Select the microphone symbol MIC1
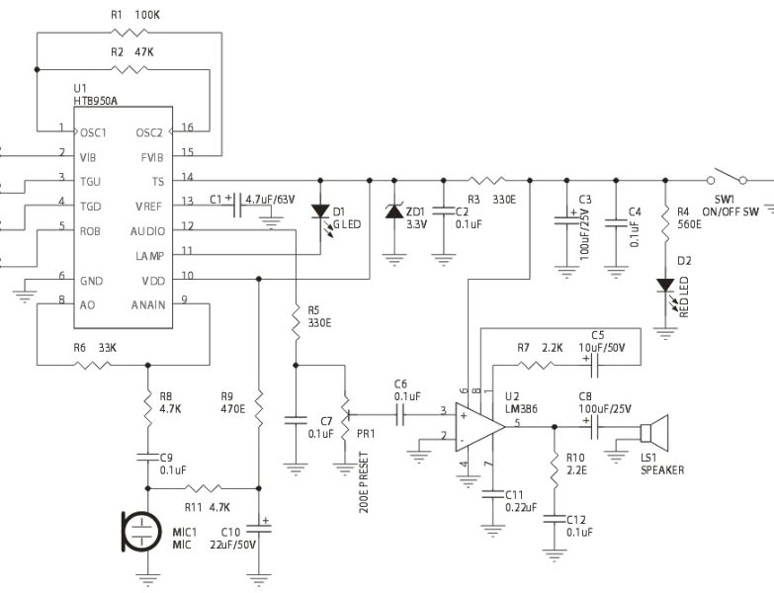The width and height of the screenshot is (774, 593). [x=141, y=532]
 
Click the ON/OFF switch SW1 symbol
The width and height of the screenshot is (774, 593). [x=730, y=180]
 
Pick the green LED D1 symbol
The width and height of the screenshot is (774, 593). [x=319, y=212]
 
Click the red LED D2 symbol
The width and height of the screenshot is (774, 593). [x=665, y=286]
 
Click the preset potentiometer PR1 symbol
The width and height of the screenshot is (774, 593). [x=346, y=413]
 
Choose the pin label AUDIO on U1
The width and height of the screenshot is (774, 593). [x=148, y=231]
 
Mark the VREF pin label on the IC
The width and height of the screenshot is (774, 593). [x=149, y=205]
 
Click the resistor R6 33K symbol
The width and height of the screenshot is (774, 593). [x=93, y=364]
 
